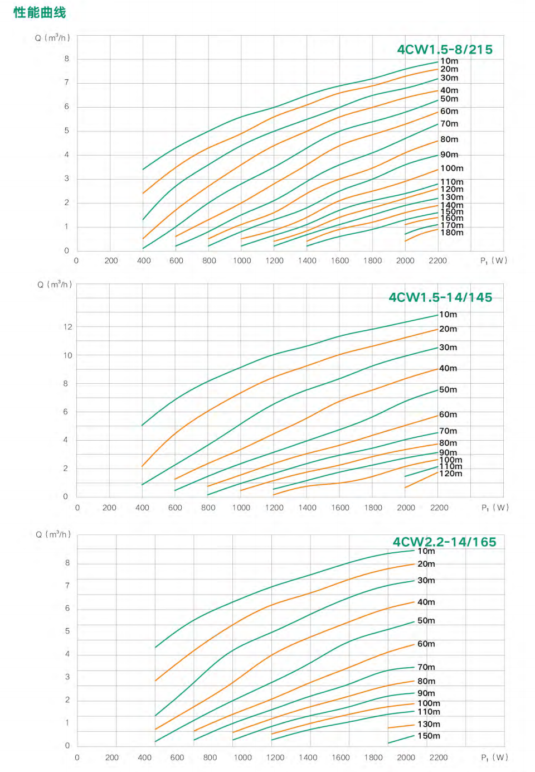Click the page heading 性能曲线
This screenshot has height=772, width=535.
point(40,12)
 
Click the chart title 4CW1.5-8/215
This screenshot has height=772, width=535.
point(445,50)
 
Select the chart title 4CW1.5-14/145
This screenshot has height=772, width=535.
point(440,297)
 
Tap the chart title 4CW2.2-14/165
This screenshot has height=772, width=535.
point(444,542)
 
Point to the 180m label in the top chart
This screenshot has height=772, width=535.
point(452,233)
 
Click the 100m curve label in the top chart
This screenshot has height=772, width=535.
point(452,168)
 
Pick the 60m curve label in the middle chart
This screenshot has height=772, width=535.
point(448,414)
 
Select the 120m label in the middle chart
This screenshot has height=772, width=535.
point(451,474)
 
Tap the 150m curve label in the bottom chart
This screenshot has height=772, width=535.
point(429,736)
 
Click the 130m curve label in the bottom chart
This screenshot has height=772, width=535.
point(429,724)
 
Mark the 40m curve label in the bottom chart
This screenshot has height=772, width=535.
point(426,602)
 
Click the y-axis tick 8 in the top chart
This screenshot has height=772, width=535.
point(67,59)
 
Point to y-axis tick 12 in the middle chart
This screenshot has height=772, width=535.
point(68,327)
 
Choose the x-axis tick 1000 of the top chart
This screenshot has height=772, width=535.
point(242,260)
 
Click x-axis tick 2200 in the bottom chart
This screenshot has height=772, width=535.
point(439,757)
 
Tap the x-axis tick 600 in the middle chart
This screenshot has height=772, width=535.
point(175,508)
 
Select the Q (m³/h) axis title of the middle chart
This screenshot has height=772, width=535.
point(55,284)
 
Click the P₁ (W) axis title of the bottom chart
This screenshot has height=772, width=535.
point(494,757)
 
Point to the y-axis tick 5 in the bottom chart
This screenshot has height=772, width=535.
point(67,631)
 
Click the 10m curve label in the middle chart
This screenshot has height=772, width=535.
point(448,315)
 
